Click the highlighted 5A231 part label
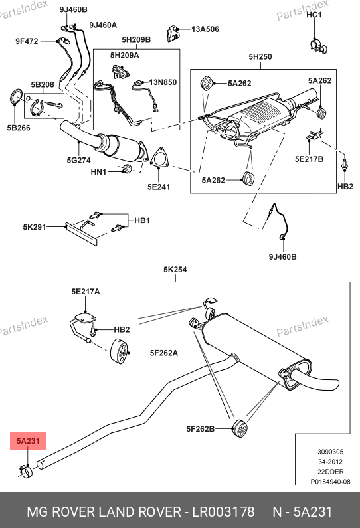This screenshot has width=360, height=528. click(x=28, y=441)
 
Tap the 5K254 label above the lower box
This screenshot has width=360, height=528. click(x=175, y=270)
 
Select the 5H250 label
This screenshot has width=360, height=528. click(x=260, y=56)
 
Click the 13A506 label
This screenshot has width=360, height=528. click(x=205, y=29)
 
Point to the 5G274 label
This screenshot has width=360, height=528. click(x=79, y=160)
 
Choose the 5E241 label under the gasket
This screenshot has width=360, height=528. click(x=159, y=187)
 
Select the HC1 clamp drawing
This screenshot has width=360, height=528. click(x=318, y=46)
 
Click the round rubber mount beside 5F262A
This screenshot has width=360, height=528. click(x=119, y=352)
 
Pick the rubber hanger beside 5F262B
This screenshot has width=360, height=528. click(x=240, y=428)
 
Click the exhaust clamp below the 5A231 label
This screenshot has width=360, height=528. click(x=27, y=471)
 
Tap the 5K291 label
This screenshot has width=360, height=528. click(x=35, y=227)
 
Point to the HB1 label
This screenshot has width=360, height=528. click(x=142, y=220)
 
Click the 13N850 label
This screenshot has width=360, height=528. click(x=163, y=82)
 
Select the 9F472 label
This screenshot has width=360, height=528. click(x=27, y=41)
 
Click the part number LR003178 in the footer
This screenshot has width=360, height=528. click(x=223, y=512)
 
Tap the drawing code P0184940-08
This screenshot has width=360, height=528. click(x=330, y=482)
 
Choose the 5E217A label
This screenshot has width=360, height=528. click(x=86, y=292)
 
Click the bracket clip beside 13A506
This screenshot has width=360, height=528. click(x=173, y=33)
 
